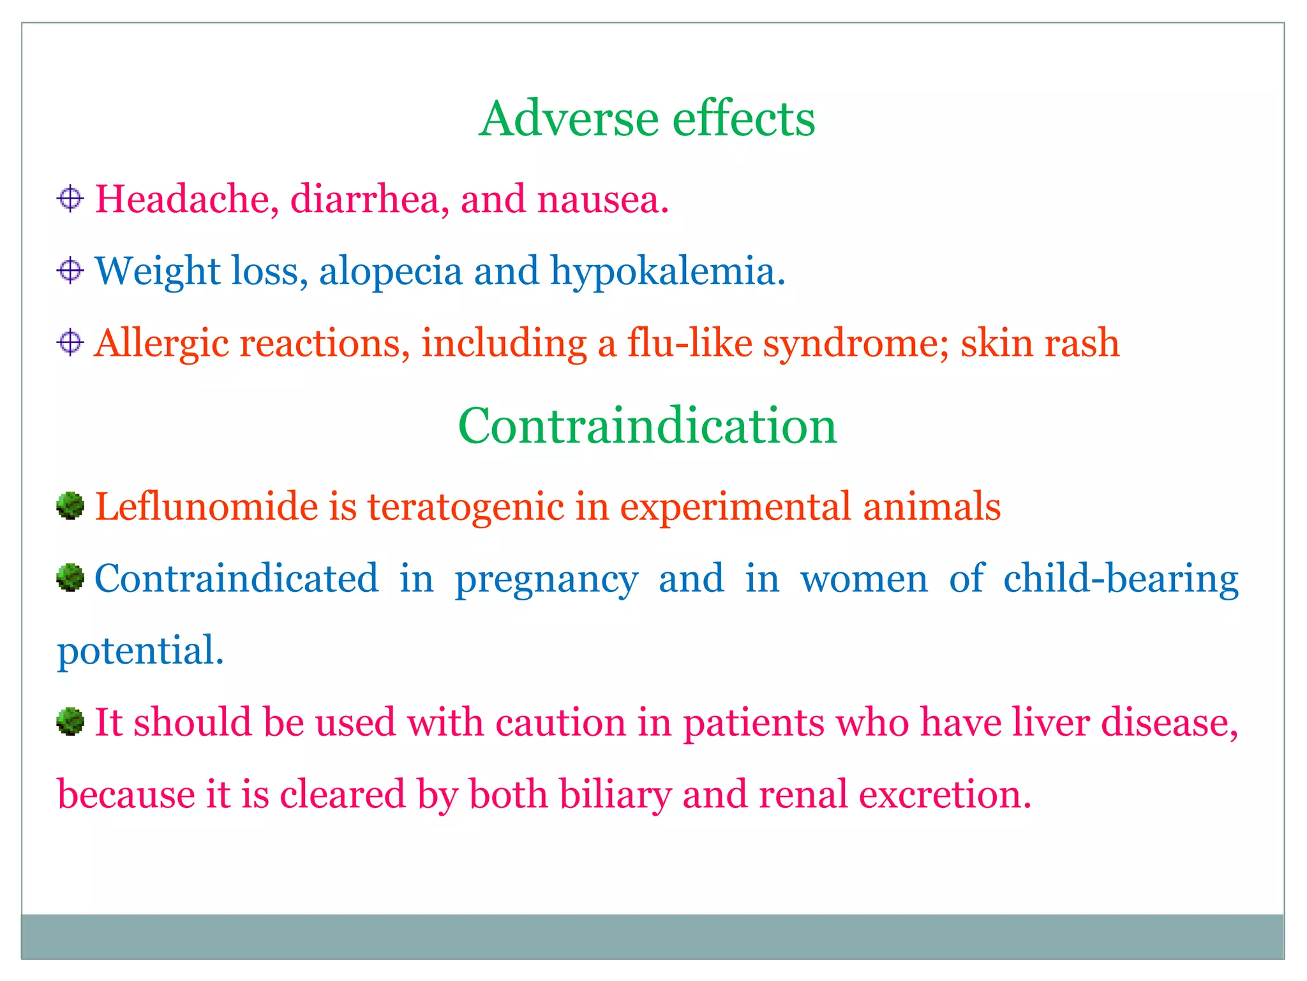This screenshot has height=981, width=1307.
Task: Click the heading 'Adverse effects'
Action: coord(646,119)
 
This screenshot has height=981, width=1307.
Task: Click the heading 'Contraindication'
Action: coord(646,426)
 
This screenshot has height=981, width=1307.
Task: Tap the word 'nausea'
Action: coord(602,200)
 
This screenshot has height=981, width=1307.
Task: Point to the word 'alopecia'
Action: coord(391,271)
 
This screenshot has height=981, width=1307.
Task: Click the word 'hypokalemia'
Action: coord(667,271)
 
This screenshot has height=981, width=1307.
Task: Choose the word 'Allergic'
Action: coord(161,344)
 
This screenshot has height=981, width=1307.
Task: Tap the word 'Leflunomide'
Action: coord(206,506)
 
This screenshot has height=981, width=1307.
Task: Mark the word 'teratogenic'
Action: coord(465,508)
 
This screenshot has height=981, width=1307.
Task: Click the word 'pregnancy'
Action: coord(546,580)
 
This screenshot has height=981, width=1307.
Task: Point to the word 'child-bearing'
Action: coord(1121,579)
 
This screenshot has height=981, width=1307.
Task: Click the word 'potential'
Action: coord(140,651)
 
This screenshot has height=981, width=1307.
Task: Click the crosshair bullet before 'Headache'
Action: coord(70,199)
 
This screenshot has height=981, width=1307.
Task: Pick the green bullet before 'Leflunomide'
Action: coord(70,506)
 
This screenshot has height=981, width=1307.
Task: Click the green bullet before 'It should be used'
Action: coord(70,722)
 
